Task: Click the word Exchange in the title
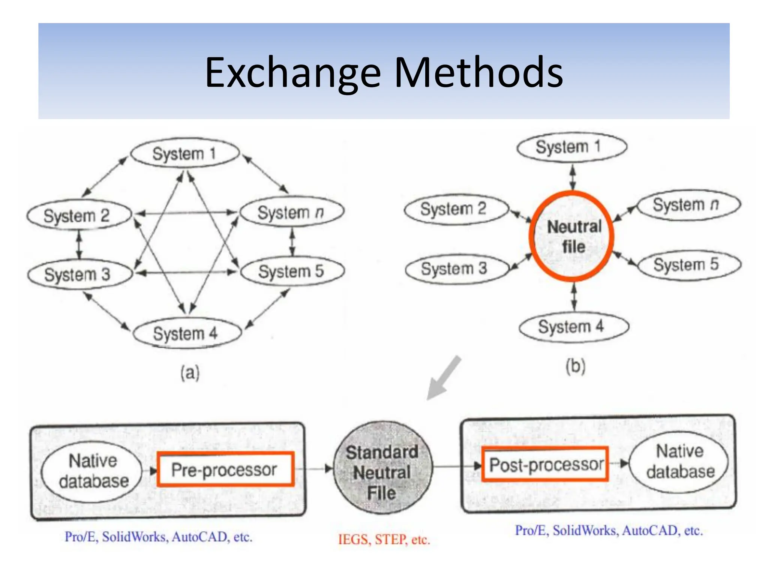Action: click(293, 72)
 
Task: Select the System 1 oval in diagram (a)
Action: click(184, 153)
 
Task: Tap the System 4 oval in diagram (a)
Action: click(186, 333)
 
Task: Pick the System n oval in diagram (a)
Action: click(292, 212)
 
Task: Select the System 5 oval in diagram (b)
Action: click(689, 265)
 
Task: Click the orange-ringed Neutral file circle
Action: click(571, 236)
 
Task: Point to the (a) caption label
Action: click(190, 373)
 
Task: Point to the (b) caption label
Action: click(575, 366)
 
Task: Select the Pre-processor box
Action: click(225, 469)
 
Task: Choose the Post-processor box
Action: click(544, 464)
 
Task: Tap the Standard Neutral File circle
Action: click(382, 468)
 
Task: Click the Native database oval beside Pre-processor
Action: click(92, 471)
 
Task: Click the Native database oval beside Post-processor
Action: click(679, 461)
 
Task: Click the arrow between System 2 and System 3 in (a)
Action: click(79, 244)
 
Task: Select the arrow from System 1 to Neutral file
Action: click(573, 177)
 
